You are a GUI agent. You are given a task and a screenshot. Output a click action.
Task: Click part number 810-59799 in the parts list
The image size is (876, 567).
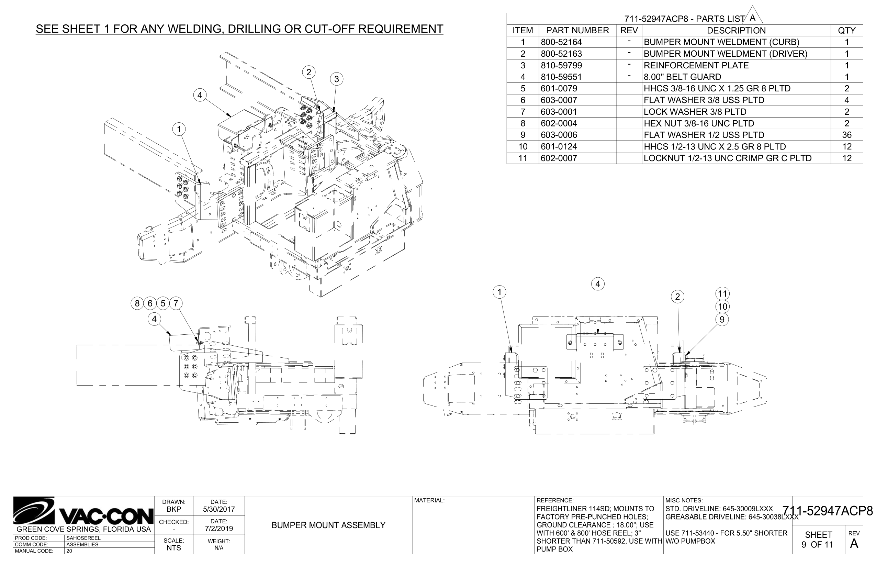click(561, 66)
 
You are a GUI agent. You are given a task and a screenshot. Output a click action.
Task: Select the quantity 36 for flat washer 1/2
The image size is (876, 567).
click(846, 135)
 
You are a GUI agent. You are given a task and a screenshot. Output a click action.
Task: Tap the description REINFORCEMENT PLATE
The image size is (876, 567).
click(696, 66)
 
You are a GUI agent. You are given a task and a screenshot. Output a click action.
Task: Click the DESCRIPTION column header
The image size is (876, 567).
click(736, 31)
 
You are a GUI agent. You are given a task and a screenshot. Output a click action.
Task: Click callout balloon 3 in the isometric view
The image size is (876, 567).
click(336, 79)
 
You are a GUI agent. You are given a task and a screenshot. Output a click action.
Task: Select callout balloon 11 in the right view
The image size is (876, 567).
click(722, 294)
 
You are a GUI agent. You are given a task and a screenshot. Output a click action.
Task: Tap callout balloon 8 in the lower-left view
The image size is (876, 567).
click(137, 303)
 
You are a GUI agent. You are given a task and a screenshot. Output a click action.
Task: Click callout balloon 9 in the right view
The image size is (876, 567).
click(722, 320)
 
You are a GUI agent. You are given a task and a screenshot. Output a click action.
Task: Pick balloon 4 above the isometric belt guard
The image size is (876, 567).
click(200, 96)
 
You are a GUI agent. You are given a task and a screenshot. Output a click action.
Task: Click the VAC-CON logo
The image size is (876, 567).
click(83, 512)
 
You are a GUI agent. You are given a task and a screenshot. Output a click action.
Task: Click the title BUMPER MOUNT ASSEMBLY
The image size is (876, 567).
click(328, 525)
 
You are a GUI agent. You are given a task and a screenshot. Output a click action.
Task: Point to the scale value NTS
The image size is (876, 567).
click(173, 548)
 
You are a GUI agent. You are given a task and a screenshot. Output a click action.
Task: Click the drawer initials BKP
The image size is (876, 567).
click(173, 510)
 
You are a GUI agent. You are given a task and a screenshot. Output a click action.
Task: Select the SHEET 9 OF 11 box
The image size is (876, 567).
click(819, 540)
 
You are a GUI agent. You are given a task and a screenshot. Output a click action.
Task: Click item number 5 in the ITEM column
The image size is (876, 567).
click(523, 89)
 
